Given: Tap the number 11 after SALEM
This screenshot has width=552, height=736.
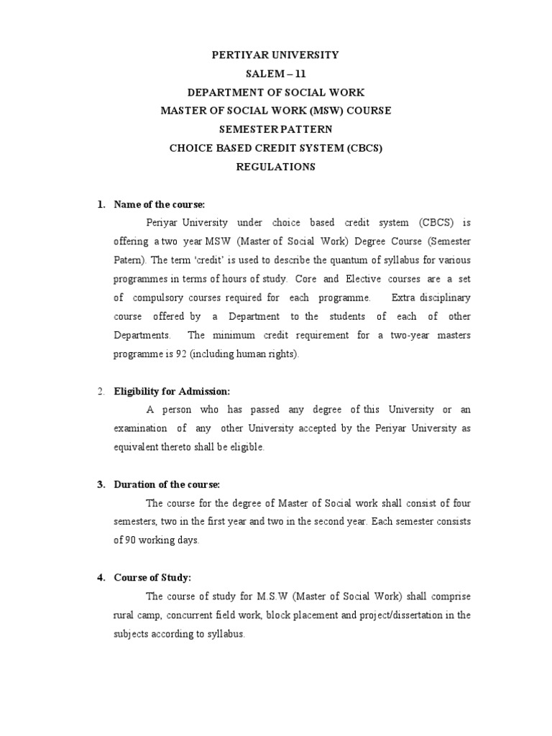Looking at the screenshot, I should [x=295, y=73].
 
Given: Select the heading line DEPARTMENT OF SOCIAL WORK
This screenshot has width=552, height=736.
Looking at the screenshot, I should [x=275, y=92].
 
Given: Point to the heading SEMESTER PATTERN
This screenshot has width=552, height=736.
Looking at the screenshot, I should [x=275, y=129].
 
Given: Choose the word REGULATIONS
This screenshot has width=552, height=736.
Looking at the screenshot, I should [x=275, y=167].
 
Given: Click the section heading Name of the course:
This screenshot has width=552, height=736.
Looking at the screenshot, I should [x=160, y=205].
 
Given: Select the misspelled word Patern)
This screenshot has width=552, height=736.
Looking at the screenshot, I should [x=129, y=260].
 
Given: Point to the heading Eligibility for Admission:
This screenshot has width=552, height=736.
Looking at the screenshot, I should [x=172, y=392].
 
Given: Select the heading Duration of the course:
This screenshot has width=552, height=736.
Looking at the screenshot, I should [x=167, y=485].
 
